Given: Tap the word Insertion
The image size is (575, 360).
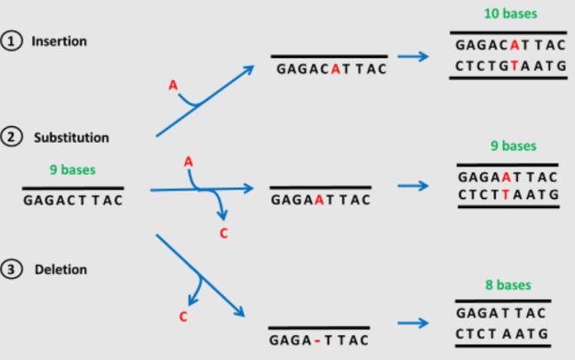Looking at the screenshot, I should [59, 41].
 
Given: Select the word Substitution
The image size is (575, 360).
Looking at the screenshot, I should [71, 137].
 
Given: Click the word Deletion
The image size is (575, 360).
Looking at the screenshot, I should [59, 270].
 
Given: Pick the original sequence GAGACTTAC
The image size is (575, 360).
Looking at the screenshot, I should [74, 200].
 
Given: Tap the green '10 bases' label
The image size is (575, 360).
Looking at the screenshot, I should [510, 14].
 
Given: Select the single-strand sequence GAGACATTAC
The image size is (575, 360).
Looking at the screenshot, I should [330, 69].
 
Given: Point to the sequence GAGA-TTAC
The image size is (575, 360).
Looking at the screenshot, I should [318, 339].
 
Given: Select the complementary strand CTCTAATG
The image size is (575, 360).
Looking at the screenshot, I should [501, 332].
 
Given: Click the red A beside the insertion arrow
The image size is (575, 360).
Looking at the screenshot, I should [173, 85].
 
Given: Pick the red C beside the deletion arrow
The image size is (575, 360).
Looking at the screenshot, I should [183, 316].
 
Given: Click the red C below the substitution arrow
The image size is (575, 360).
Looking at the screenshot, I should [223, 234].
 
